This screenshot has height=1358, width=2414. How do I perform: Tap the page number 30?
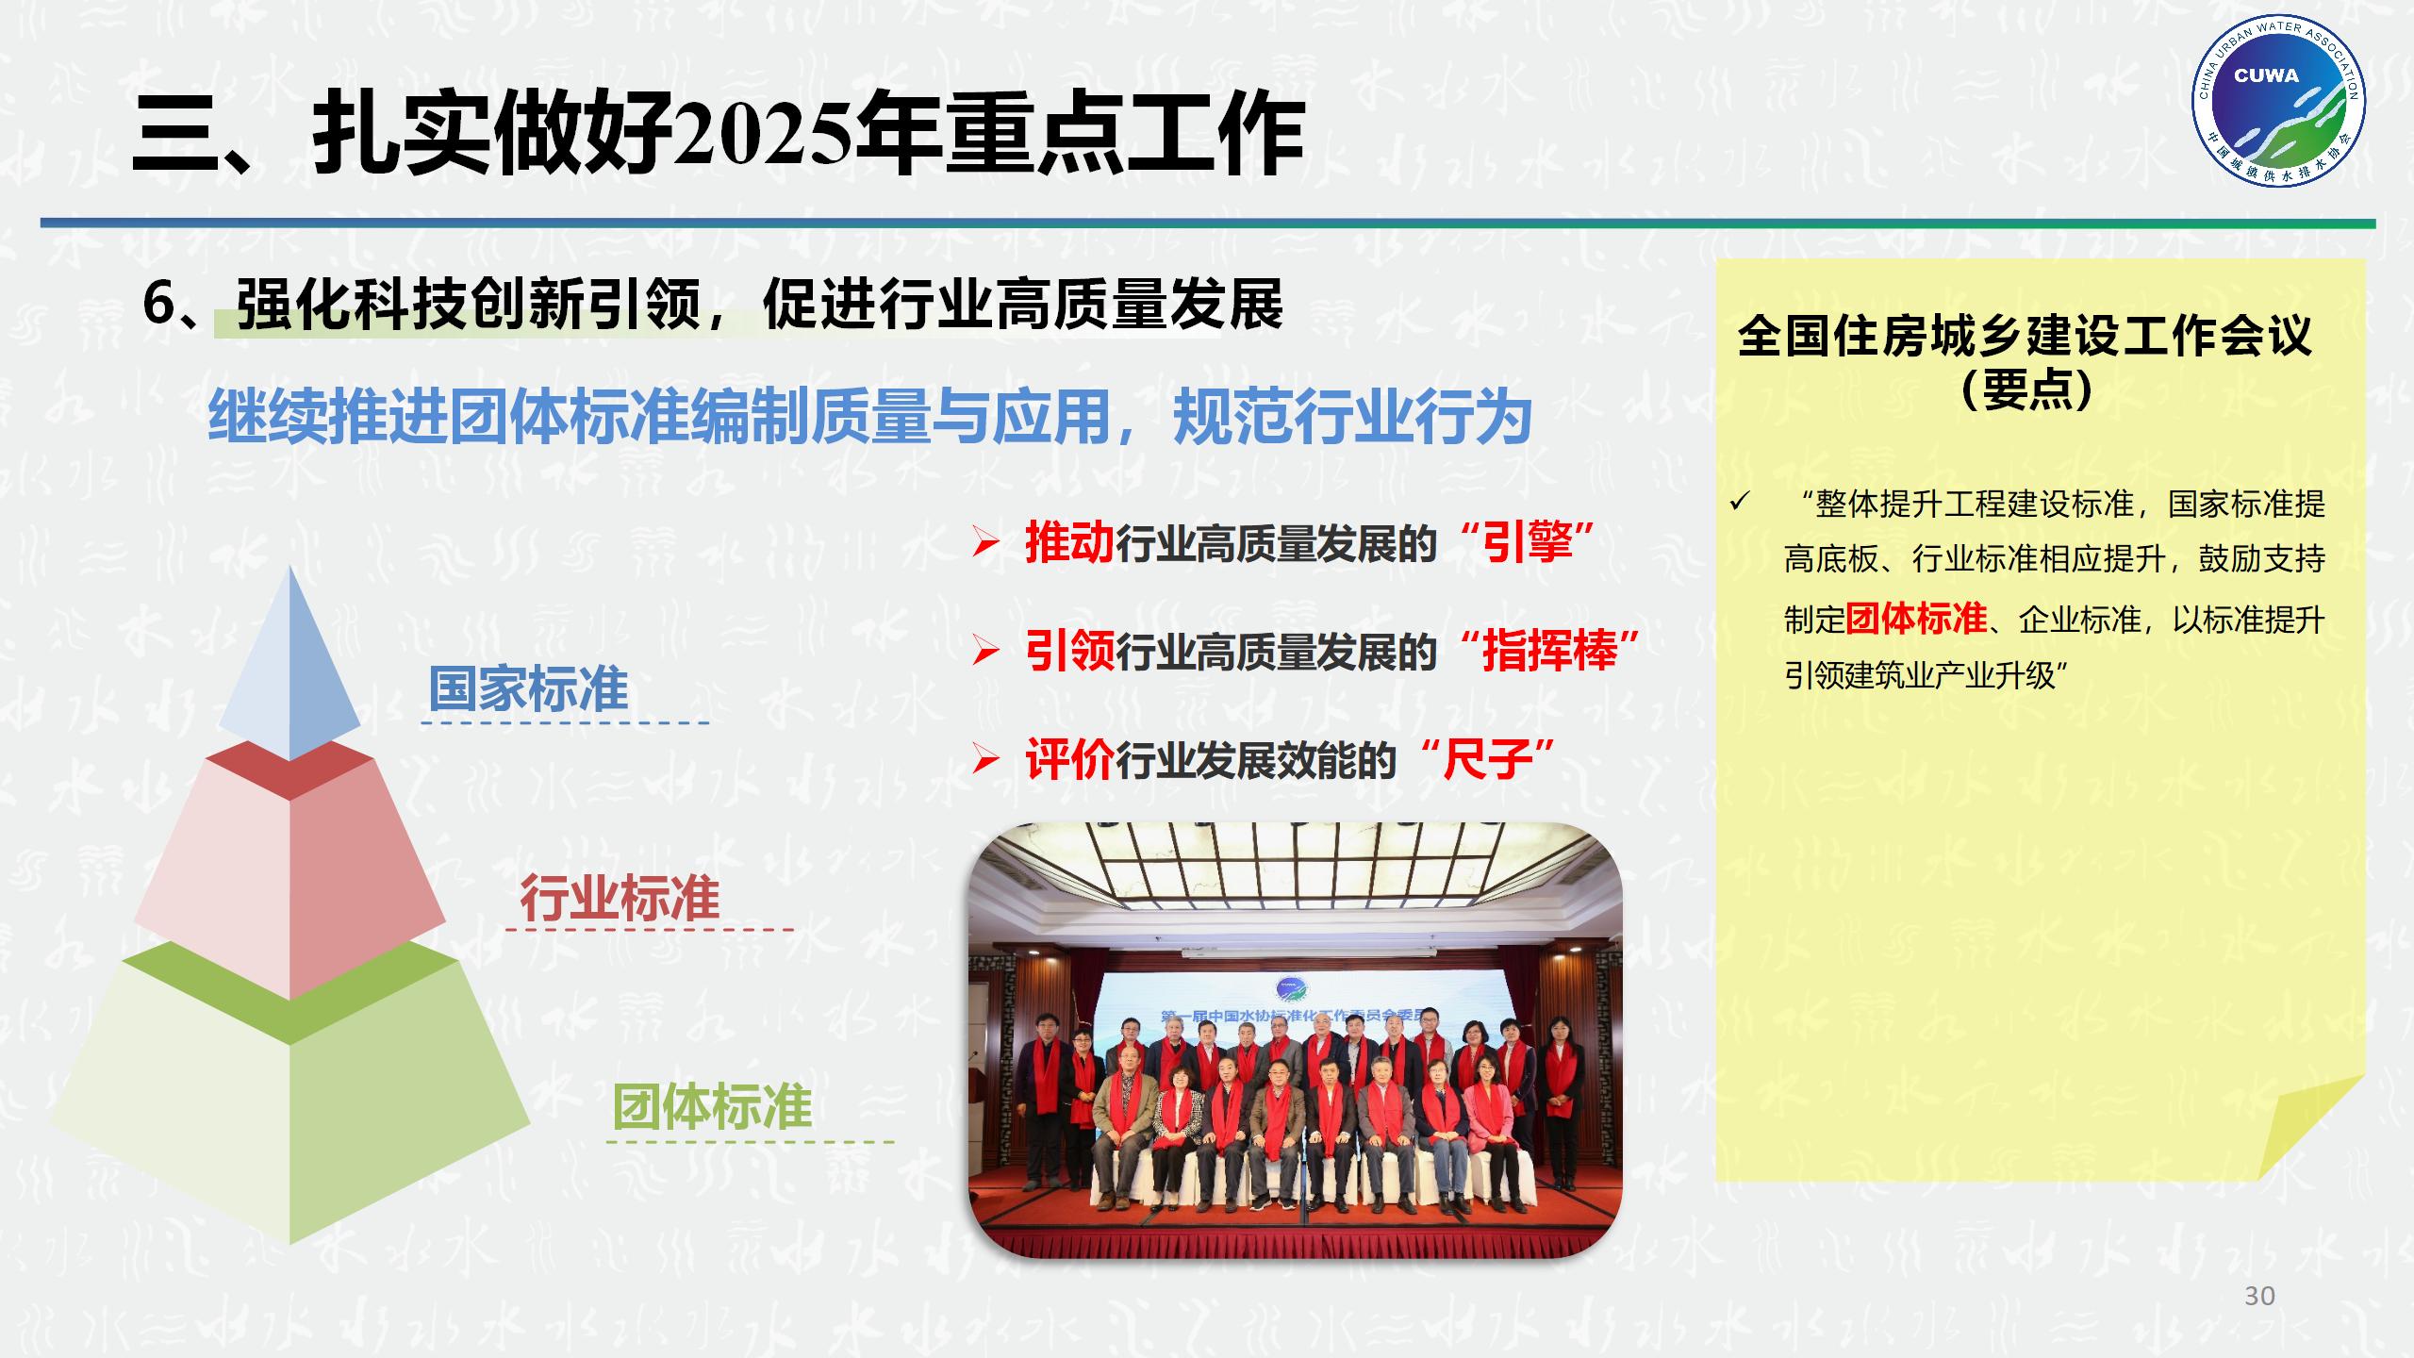[2259, 1296]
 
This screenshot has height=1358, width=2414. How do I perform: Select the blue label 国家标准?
[528, 689]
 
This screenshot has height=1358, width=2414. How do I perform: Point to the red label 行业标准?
[620, 897]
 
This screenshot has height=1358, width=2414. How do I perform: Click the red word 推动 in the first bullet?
[1069, 543]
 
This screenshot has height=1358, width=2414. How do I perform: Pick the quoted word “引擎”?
[1528, 543]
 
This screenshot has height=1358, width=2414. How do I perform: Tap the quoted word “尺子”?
[1487, 760]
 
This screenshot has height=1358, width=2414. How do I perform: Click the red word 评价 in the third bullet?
[1069, 760]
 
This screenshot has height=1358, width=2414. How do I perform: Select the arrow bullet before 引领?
[985, 652]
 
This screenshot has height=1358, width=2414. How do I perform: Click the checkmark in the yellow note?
[1740, 503]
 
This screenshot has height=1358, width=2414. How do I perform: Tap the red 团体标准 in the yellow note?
[1916, 619]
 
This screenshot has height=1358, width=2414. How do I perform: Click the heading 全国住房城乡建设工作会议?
[2025, 337]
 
